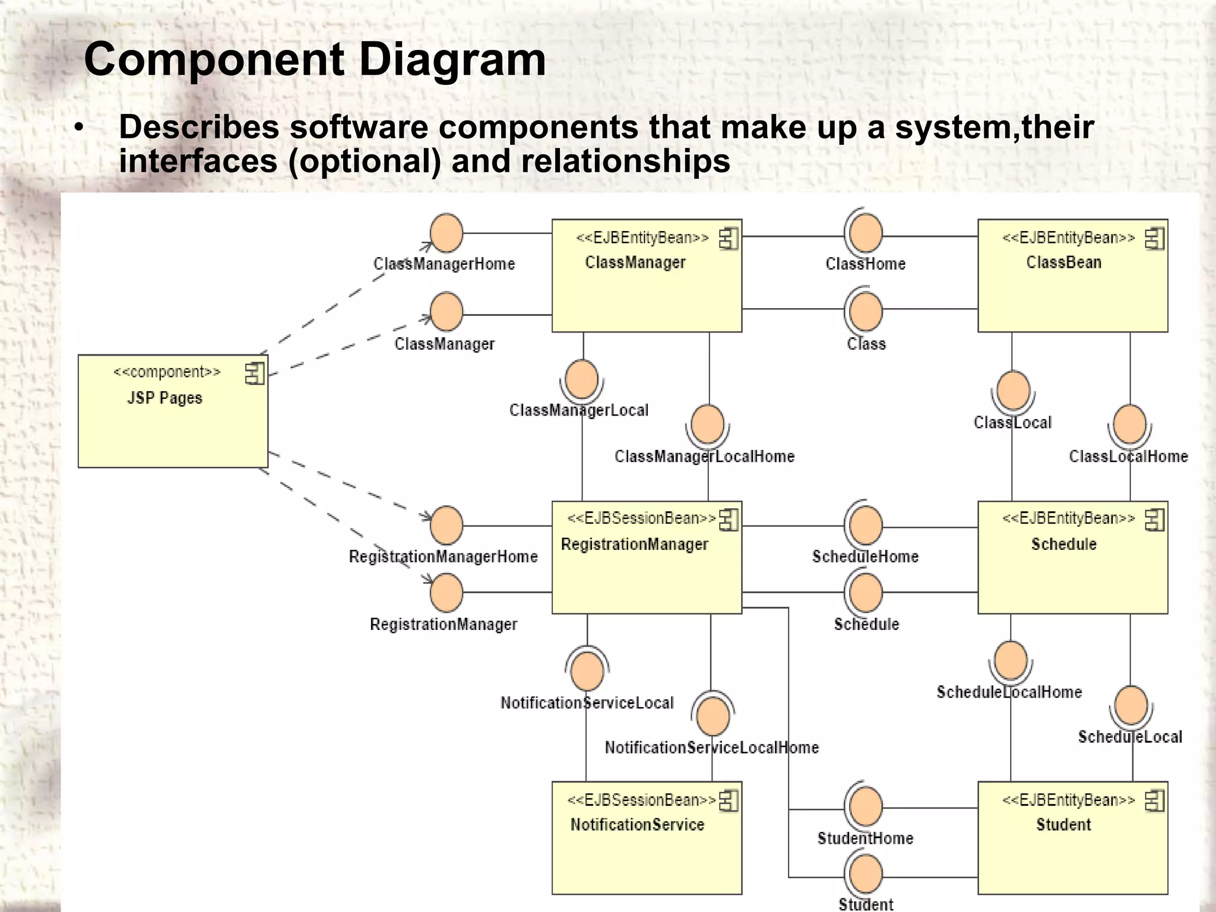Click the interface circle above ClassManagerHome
point(446,233)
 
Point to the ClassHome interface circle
point(866,233)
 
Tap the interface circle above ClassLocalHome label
point(1129,424)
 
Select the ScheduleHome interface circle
point(866,525)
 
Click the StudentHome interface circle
point(866,807)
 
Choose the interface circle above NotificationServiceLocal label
point(587,670)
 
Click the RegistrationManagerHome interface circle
point(446,525)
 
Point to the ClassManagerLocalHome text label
point(704,457)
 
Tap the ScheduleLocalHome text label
point(1009,692)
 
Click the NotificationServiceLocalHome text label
point(711,748)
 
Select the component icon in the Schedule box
point(1154,520)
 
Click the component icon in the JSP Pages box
point(255,373)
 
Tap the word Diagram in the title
point(452,59)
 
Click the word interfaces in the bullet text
point(198,161)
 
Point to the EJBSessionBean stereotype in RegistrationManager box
point(641,518)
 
